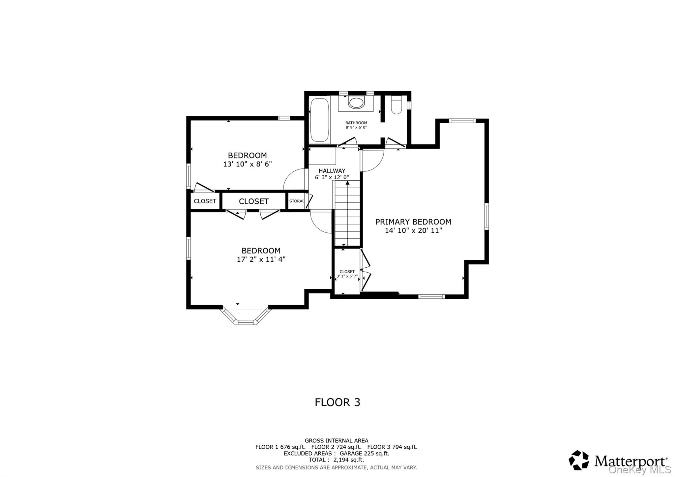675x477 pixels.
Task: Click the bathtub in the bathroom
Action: click(319, 120)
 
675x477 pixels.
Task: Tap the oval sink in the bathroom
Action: click(356, 103)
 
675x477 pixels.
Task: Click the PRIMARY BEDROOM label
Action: click(413, 222)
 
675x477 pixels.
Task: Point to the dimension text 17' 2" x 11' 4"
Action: click(261, 259)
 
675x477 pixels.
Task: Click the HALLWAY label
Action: click(332, 171)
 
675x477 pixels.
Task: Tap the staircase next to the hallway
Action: click(347, 215)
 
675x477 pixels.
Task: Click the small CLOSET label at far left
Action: click(205, 201)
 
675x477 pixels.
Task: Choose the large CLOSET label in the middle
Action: click(253, 201)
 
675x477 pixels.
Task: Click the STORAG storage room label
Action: click(296, 201)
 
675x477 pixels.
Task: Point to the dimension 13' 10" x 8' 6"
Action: click(247, 164)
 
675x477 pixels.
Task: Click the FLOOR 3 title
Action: click(337, 402)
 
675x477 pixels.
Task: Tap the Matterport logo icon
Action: click(578, 460)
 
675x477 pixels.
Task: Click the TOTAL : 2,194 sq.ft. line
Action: click(336, 460)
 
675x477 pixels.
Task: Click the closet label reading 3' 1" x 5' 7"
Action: click(347, 276)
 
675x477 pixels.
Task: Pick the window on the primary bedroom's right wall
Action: click(486, 216)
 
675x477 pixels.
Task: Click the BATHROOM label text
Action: click(356, 123)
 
